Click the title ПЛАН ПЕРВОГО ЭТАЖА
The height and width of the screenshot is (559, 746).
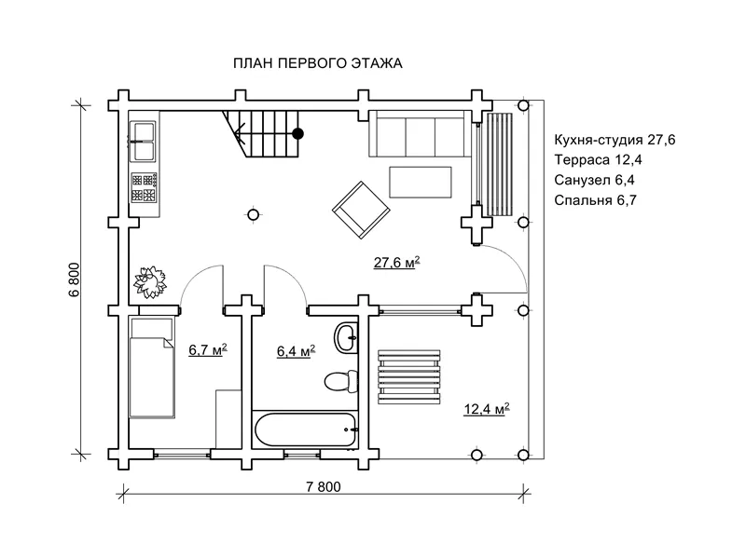pyautogui.click(x=317, y=63)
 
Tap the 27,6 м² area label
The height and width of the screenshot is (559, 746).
pyautogui.click(x=397, y=263)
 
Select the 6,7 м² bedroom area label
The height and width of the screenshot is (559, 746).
pyautogui.click(x=208, y=350)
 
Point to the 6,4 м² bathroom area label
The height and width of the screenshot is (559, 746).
pyautogui.click(x=296, y=351)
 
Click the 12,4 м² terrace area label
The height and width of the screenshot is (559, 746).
pyautogui.click(x=487, y=409)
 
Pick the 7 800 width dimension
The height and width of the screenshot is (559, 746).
pyautogui.click(x=324, y=487)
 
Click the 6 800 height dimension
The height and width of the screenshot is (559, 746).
pyautogui.click(x=76, y=279)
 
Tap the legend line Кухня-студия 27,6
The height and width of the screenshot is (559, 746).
pyautogui.click(x=615, y=140)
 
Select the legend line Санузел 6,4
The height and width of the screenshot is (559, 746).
pyautogui.click(x=594, y=180)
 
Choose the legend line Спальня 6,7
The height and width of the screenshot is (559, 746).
pyautogui.click(x=595, y=200)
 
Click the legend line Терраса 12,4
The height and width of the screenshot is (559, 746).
pyautogui.click(x=598, y=159)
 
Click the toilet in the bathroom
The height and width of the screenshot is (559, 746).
pyautogui.click(x=340, y=380)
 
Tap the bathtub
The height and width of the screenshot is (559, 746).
pyautogui.click(x=305, y=429)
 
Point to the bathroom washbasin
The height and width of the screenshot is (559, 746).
pyautogui.click(x=346, y=338)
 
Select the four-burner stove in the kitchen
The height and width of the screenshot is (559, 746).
pyautogui.click(x=144, y=187)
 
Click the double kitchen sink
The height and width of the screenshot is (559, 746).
pyautogui.click(x=143, y=142)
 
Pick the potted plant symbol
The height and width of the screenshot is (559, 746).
pyautogui.click(x=150, y=282)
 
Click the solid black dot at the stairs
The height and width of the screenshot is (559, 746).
pyautogui.click(x=298, y=134)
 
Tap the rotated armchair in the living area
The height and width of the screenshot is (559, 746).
pyautogui.click(x=361, y=210)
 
